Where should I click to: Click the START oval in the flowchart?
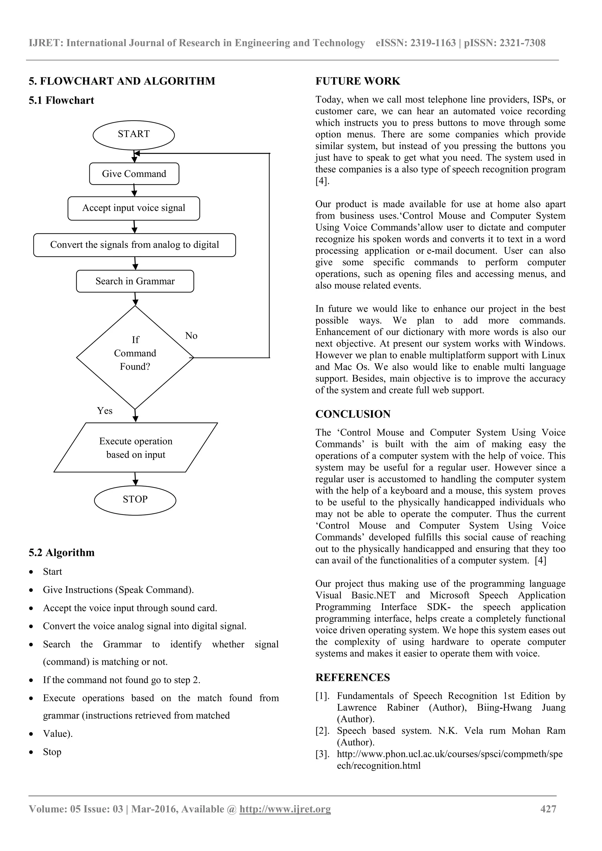pyautogui.click(x=133, y=134)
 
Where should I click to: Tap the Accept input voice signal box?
pyautogui.click(x=133, y=208)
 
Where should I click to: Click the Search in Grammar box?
pyautogui.click(x=135, y=281)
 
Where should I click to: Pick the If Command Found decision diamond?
pyautogui.click(x=135, y=357)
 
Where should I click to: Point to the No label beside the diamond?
pyautogui.click(x=191, y=336)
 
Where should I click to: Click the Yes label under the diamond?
pyautogui.click(x=105, y=411)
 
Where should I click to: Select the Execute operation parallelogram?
pyautogui.click(x=136, y=448)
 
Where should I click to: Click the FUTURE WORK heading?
pyautogui.click(x=358, y=81)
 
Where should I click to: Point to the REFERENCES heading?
pyautogui.click(x=352, y=678)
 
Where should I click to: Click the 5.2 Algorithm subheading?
pyautogui.click(x=61, y=553)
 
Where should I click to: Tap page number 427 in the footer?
pyautogui.click(x=548, y=809)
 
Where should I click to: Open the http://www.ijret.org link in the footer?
pyautogui.click(x=285, y=809)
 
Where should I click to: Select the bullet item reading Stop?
pyautogui.click(x=52, y=752)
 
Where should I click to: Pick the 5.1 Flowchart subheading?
pyautogui.click(x=61, y=100)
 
